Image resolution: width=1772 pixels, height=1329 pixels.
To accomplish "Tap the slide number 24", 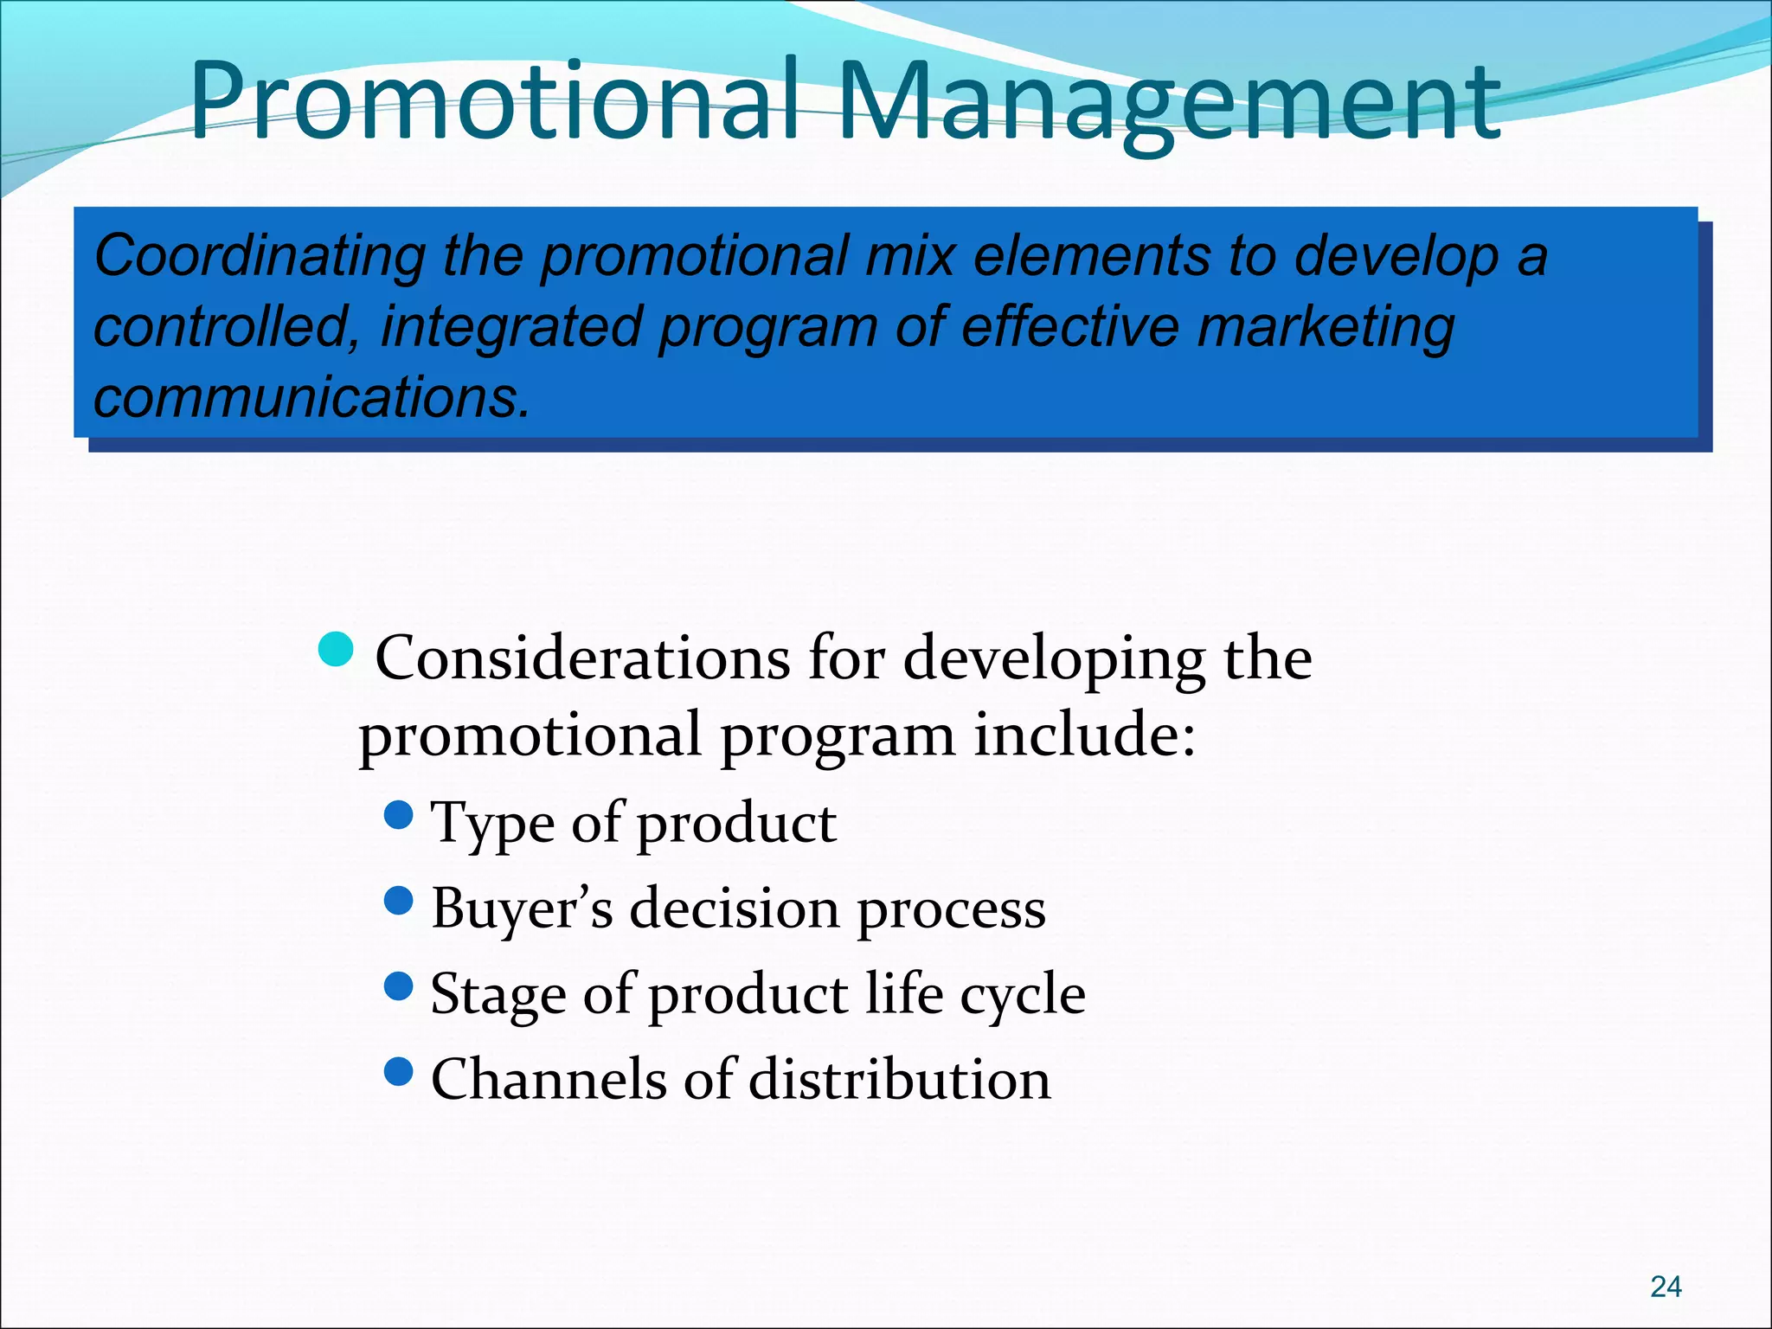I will [1666, 1287].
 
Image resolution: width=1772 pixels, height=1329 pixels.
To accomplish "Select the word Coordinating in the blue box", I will [260, 257].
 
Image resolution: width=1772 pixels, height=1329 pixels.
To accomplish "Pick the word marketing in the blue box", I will [1325, 329].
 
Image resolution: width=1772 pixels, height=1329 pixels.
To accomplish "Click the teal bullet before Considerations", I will [336, 649].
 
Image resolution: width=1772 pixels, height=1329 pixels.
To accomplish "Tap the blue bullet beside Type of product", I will [399, 814].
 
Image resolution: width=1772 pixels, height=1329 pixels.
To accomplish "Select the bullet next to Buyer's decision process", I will [399, 901].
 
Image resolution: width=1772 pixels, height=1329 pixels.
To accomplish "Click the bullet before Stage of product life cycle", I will [399, 986].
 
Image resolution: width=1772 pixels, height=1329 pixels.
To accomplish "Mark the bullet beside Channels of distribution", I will [399, 1072].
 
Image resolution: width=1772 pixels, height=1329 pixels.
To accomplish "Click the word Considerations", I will [582, 659].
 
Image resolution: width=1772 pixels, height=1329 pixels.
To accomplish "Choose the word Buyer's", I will [523, 909].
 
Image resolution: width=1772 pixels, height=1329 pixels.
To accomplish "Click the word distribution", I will [900, 1080].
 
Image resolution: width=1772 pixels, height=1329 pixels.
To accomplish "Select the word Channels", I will [549, 1080].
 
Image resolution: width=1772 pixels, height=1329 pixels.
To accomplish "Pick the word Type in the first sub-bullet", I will [491, 824].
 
